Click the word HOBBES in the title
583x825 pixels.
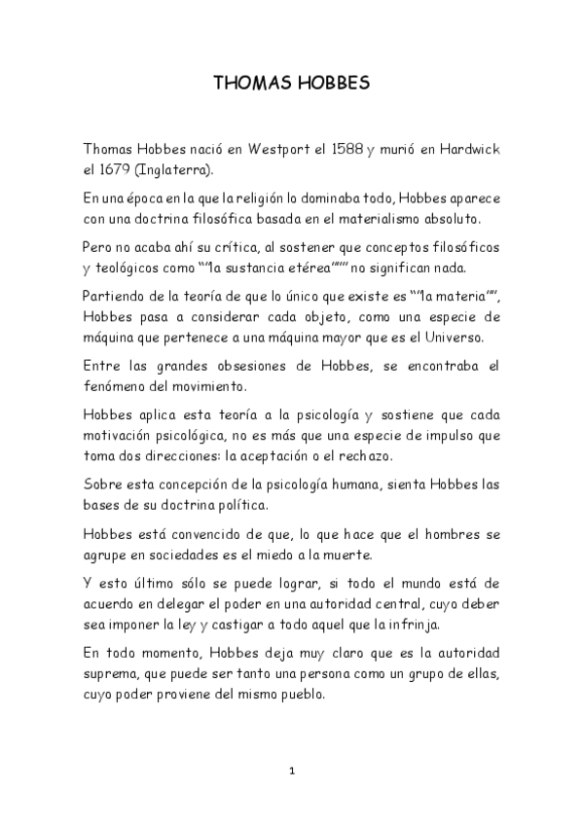(329, 84)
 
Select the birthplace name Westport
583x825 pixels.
(286, 149)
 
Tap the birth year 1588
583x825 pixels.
(346, 149)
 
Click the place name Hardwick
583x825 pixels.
(466, 149)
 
